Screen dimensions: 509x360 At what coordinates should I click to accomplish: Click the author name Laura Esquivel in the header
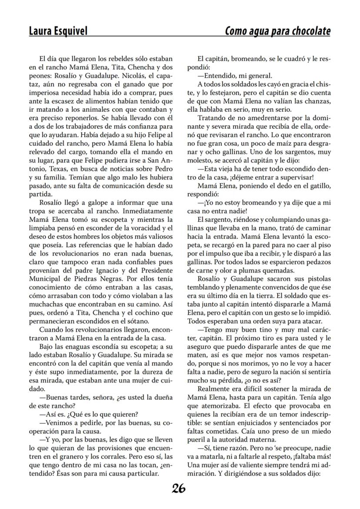58,31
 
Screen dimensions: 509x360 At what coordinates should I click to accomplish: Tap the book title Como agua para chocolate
277,31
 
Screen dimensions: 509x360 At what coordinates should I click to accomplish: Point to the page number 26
179,489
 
